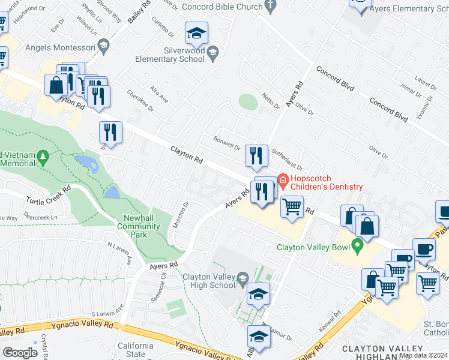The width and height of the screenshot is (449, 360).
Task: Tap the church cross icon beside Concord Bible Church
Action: [270, 7]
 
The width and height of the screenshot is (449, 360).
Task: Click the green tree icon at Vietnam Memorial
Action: [42, 157]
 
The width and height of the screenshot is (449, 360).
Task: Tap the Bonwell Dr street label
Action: [227, 144]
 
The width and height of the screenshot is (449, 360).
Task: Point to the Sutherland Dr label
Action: [288, 159]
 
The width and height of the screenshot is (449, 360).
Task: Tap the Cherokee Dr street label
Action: [140, 101]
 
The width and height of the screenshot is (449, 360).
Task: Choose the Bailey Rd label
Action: [139, 12]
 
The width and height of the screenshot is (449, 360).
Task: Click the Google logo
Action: [20, 353]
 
